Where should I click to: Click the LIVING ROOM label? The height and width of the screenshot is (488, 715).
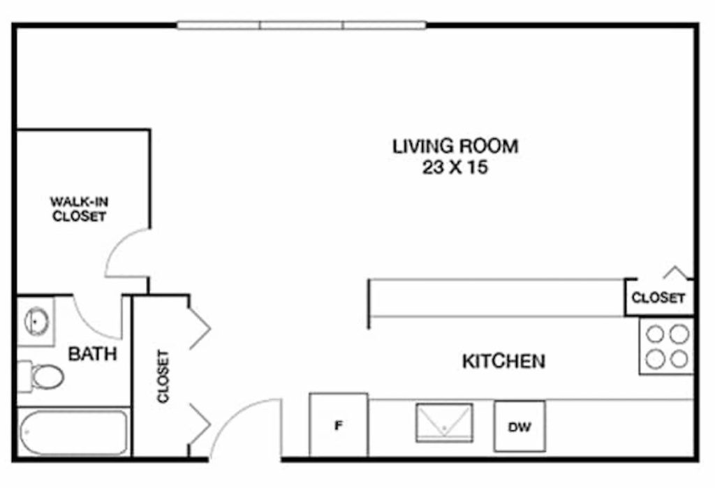pyautogui.click(x=455, y=147)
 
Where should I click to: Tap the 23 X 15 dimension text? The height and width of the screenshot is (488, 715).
pyautogui.click(x=455, y=168)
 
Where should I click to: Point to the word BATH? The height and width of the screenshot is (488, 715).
pyautogui.click(x=92, y=354)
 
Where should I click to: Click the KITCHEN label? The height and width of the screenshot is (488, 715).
pyautogui.click(x=503, y=362)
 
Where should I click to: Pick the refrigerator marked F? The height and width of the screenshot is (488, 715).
pyautogui.click(x=339, y=425)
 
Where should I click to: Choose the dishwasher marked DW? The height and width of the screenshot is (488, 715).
pyautogui.click(x=519, y=427)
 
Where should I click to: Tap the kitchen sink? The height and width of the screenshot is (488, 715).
pyautogui.click(x=444, y=421)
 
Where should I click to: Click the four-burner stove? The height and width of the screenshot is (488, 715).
pyautogui.click(x=667, y=346)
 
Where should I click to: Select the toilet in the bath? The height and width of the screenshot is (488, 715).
pyautogui.click(x=43, y=376)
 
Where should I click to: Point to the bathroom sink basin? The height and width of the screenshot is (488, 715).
pyautogui.click(x=36, y=321)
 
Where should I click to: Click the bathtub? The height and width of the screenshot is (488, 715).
pyautogui.click(x=73, y=432)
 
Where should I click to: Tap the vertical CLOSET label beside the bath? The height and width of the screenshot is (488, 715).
pyautogui.click(x=163, y=376)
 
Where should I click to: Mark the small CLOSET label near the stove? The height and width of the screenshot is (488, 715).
pyautogui.click(x=658, y=298)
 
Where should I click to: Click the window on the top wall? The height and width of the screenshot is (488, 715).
pyautogui.click(x=301, y=26)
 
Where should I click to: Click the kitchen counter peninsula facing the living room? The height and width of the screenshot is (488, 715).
pyautogui.click(x=496, y=299)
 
